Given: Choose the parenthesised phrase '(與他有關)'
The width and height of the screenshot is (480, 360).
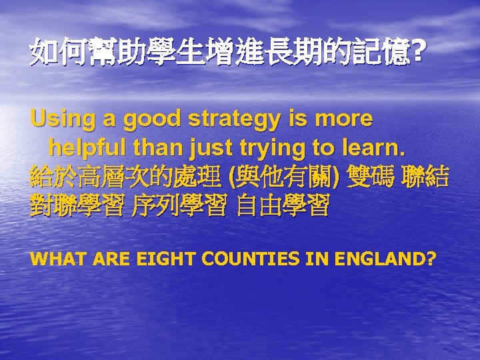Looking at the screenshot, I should pyautogui.click(x=285, y=177).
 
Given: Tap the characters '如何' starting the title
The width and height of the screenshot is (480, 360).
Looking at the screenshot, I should pyautogui.click(x=56, y=52).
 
